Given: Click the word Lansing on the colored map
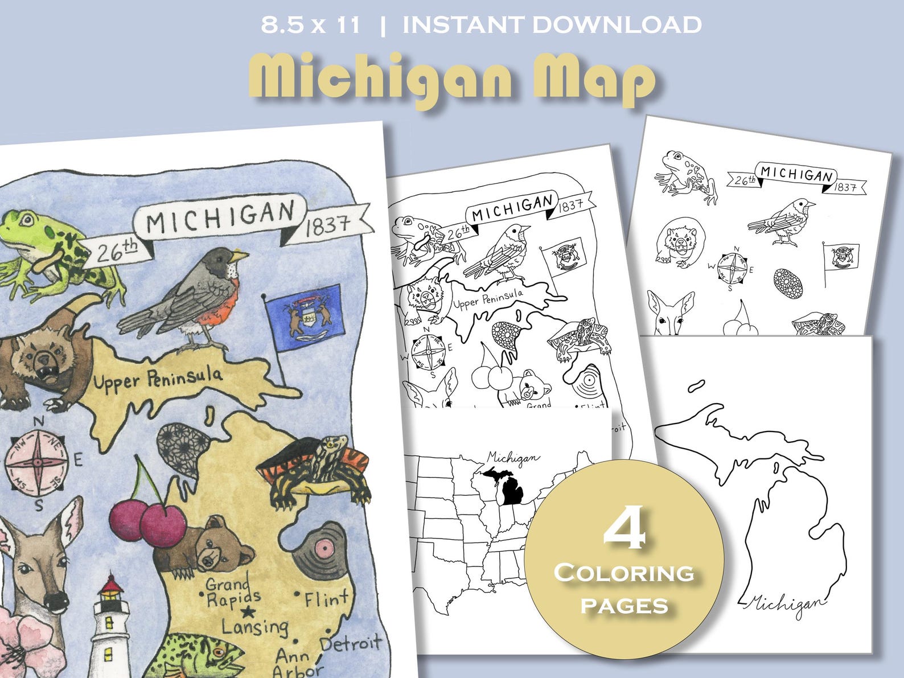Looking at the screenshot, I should [254, 627].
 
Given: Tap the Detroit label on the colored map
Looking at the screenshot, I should [351, 644].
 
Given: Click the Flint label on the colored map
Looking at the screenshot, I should [326, 599].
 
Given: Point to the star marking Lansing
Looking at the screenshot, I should [248, 613].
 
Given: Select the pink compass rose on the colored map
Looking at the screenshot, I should [38, 463].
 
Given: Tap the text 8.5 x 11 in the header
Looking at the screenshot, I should [310, 25].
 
